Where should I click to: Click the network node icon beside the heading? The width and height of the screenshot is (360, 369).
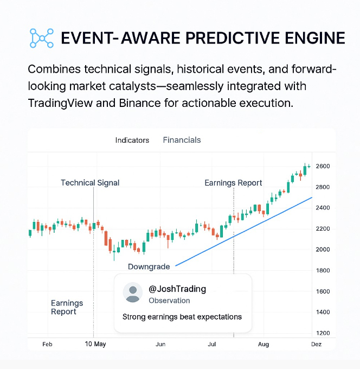pos(42,38)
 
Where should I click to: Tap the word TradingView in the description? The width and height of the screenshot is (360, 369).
pos(60,103)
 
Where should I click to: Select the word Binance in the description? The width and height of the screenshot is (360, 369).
pos(137,103)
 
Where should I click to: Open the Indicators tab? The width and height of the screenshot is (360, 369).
pos(132,140)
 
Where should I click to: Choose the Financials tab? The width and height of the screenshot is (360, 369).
pos(182,140)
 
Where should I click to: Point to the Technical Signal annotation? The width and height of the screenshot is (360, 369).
pos(90,183)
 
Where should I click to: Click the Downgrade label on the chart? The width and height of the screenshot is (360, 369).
pos(149,266)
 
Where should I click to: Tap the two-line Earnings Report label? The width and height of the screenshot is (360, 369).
pos(67,307)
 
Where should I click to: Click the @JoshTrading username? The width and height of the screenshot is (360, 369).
pos(177,289)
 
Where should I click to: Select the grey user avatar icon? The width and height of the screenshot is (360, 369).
pos(133,292)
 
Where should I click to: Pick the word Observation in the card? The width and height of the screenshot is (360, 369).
pos(169,301)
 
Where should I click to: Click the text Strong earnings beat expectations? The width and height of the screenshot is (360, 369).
pos(182,317)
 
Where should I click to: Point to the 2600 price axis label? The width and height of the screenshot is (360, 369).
pos(323,166)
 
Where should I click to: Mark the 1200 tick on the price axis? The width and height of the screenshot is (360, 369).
pos(323,333)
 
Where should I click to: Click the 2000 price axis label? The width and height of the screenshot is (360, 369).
pos(323,250)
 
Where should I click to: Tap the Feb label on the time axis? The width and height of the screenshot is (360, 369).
pos(47,344)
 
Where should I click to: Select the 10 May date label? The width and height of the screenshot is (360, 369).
pos(95,344)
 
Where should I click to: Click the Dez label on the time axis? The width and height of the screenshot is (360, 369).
pos(316,344)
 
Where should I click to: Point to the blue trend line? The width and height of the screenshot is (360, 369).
pos(244,232)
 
